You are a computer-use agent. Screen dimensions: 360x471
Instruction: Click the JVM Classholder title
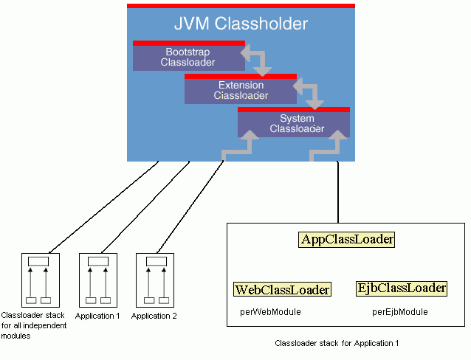point(241,24)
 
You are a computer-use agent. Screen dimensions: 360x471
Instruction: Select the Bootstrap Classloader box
point(188,58)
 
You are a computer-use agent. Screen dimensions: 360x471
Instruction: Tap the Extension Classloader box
point(241,90)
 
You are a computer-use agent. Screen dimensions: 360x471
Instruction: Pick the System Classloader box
point(293,123)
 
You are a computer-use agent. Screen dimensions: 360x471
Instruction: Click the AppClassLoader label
point(347,240)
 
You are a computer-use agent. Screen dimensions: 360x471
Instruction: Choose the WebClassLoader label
point(282,290)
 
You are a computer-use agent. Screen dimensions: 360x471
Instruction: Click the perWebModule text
point(270,312)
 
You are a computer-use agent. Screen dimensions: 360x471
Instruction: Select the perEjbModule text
point(399,312)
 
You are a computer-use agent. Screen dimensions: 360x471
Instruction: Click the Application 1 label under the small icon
point(97,316)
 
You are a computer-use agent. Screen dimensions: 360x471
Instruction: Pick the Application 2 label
point(154,316)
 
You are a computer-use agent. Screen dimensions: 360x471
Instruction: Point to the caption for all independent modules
point(34,325)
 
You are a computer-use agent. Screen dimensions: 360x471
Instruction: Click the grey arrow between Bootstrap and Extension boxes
point(255,61)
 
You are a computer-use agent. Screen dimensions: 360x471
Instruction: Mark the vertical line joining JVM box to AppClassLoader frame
point(338,192)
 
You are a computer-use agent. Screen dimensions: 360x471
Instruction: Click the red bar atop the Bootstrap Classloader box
point(188,43)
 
